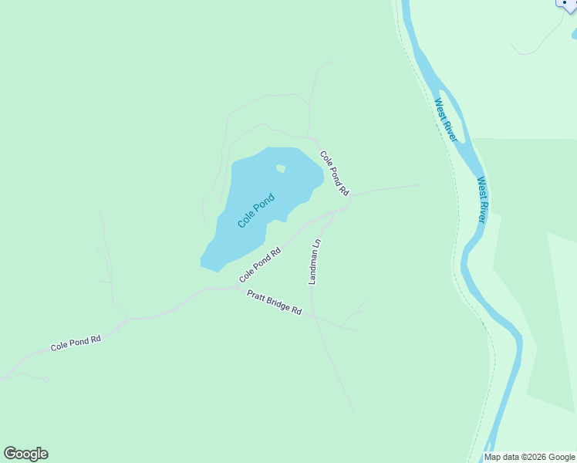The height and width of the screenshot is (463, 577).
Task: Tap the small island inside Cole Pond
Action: click(x=280, y=168)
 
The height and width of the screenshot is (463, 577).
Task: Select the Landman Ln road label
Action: click(x=314, y=262)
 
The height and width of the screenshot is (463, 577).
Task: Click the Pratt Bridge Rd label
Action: click(x=274, y=302)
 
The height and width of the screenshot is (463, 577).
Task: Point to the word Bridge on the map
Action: click(x=278, y=303)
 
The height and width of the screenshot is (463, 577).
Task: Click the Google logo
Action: click(x=25, y=454)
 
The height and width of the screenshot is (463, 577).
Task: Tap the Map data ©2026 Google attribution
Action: click(x=530, y=457)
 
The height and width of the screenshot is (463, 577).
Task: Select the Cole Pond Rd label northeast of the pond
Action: click(x=335, y=172)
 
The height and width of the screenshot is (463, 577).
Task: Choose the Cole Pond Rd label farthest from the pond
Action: click(x=76, y=343)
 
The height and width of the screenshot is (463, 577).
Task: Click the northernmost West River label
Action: click(x=445, y=120)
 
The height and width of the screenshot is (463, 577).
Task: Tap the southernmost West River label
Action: click(x=481, y=200)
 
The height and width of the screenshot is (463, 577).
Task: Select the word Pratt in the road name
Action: click(x=256, y=296)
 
